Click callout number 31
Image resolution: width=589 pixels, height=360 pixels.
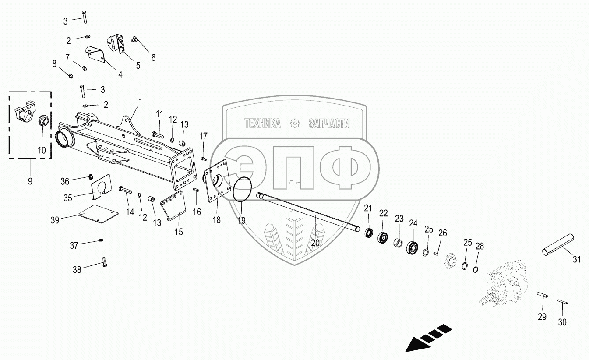click(x=577, y=259)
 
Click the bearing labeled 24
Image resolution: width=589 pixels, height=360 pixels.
click(x=413, y=248)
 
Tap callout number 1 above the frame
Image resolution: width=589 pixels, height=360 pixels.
click(x=141, y=101)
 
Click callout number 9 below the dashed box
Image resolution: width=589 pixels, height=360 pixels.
click(x=30, y=180)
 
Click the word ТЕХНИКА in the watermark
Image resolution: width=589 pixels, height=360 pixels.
click(x=262, y=124)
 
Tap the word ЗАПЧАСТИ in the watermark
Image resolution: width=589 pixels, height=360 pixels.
click(x=329, y=124)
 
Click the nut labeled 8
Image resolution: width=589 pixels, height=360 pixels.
click(x=71, y=74)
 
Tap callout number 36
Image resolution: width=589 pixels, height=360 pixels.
click(x=65, y=181)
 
